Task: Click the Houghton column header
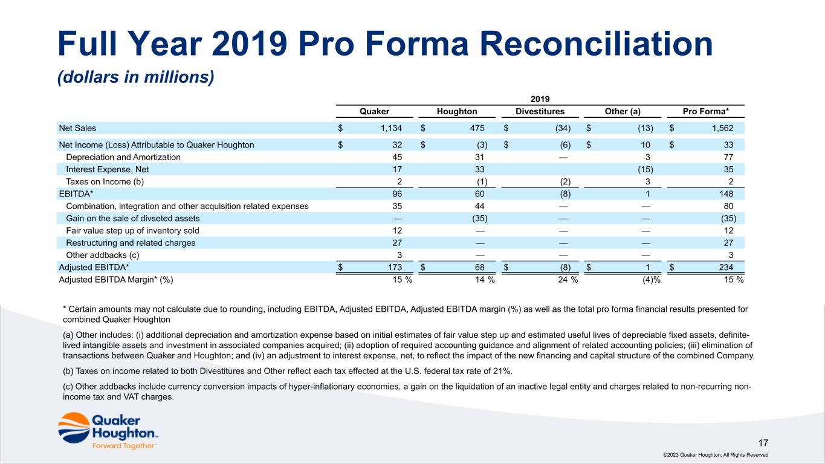[x=457, y=111]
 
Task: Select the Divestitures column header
[x=540, y=111]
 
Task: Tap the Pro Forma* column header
[x=707, y=111]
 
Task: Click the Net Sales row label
[x=77, y=128]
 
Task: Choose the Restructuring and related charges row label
[x=131, y=243]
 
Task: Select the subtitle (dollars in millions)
[x=136, y=79]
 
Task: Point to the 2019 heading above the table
[x=540, y=98]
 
